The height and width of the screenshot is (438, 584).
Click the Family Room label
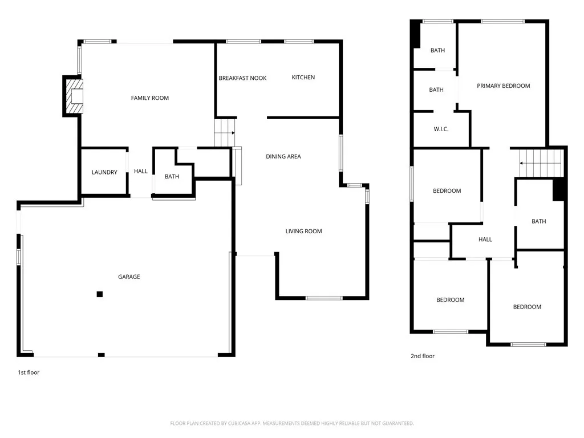click(150, 98)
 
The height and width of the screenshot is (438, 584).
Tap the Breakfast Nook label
click(242, 78)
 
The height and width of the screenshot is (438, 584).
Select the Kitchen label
click(303, 78)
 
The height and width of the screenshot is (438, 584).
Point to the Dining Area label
click(283, 157)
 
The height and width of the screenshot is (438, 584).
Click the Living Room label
click(303, 232)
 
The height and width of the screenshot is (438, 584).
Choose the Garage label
click(129, 277)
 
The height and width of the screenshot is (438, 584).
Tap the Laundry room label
click(104, 172)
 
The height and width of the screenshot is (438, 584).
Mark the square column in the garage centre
click(100, 294)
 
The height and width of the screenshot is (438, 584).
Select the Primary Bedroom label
click(503, 86)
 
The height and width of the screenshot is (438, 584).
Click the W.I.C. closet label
click(441, 129)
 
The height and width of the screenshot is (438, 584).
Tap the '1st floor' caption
click(29, 372)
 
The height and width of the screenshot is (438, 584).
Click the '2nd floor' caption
click(423, 356)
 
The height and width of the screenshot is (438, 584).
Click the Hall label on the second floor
click(485, 240)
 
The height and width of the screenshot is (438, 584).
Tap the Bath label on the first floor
click(172, 177)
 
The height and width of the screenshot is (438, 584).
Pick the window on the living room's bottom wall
click(324, 298)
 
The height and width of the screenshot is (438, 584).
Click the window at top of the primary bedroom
click(502, 22)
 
